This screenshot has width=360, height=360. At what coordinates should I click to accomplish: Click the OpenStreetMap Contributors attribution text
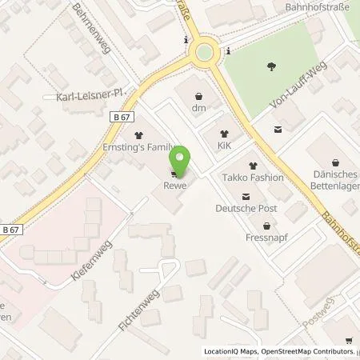[309, 352]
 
